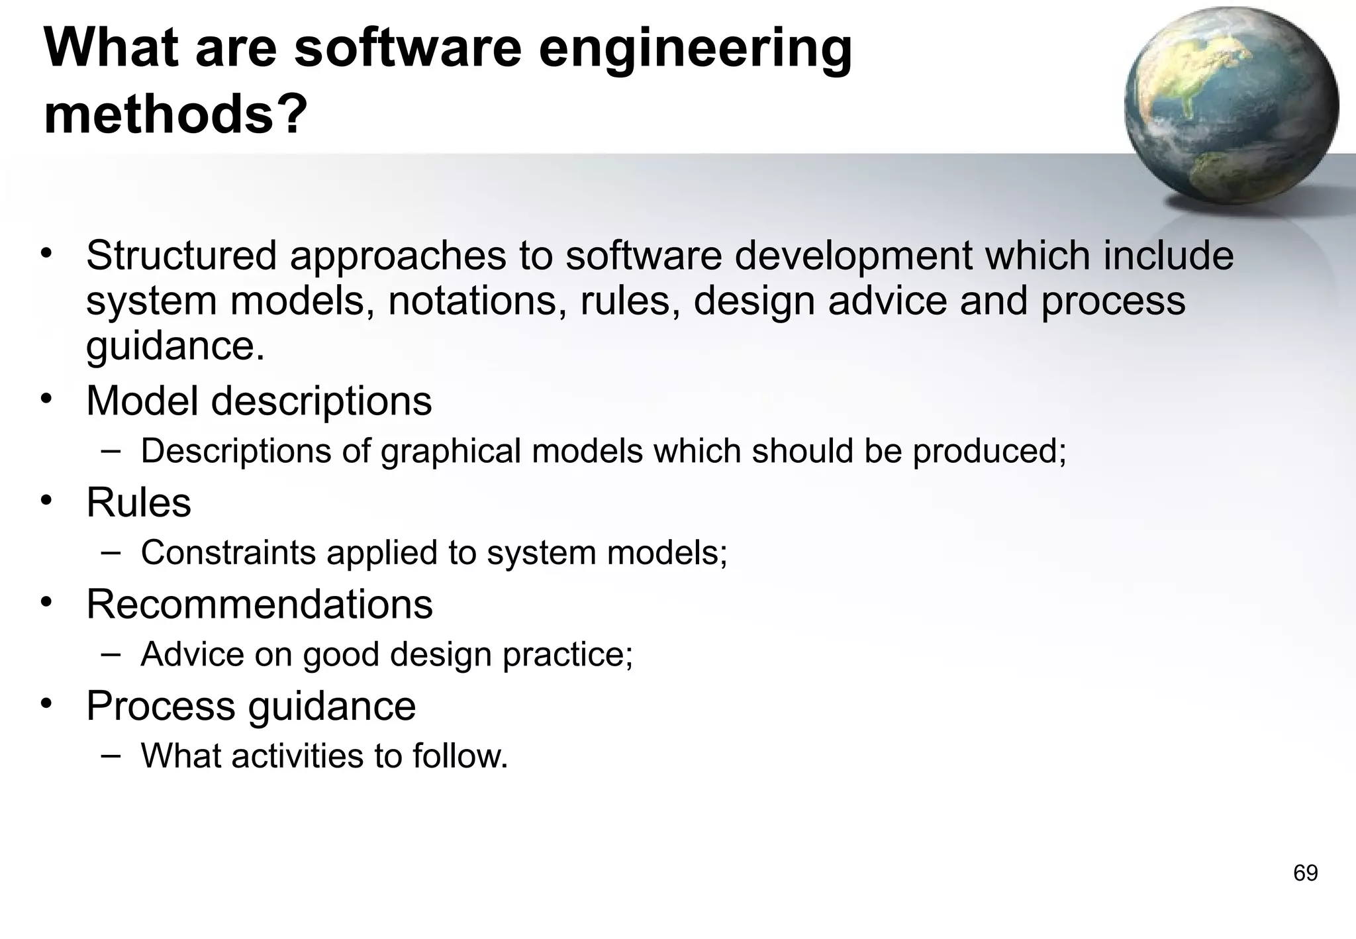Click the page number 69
coord(1305,873)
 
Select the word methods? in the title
coord(175,114)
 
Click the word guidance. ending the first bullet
coord(175,345)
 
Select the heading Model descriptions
coord(259,401)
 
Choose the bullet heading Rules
coord(138,502)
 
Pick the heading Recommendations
coord(259,604)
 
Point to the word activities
coord(297,756)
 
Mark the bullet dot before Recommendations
coord(45,602)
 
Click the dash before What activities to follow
coord(111,754)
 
